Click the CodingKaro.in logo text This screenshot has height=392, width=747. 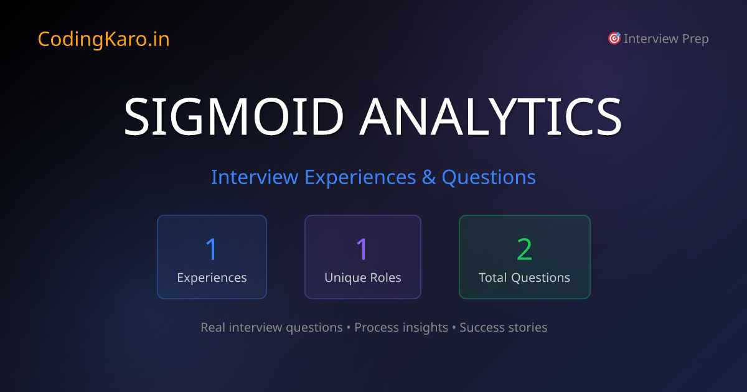coord(103,39)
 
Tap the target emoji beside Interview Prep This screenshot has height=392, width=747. coord(614,39)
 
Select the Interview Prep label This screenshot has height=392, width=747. coord(666,39)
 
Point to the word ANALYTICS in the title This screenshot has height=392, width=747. coord(491,118)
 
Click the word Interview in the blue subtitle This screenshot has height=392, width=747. coord(255,177)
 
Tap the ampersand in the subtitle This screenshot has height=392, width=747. coord(429,177)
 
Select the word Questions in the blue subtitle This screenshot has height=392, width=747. coord(489,177)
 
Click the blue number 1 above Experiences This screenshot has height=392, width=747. coord(212,249)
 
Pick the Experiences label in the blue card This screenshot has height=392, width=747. coord(212,278)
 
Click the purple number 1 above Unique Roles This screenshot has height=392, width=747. coord(362,249)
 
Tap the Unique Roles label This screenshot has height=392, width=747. coord(362,278)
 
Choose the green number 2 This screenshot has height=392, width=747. coord(524,249)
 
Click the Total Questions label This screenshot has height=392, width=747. coord(524,278)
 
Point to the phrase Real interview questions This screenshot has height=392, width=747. coord(271,327)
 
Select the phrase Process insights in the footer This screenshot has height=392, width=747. coord(401,327)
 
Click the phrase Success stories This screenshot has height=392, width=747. coord(503,327)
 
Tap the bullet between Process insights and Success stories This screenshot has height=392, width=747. coord(454,327)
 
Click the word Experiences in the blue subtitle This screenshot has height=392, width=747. coord(360,177)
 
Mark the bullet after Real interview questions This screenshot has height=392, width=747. coord(349,327)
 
